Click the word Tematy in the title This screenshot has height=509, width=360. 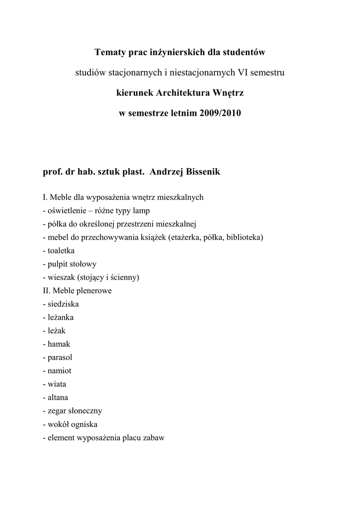(x=110, y=52)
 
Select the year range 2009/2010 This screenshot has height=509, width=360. (x=220, y=113)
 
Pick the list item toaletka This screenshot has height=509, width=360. (x=61, y=251)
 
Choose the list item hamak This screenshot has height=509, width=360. (x=59, y=344)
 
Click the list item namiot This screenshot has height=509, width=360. (x=60, y=371)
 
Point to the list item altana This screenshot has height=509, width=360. (x=58, y=398)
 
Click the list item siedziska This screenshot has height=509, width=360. (x=63, y=304)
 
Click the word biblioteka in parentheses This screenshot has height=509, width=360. (x=246, y=237)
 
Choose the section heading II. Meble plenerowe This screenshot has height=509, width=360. (x=78, y=290)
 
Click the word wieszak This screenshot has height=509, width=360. (x=62, y=277)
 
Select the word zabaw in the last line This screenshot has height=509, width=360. (x=154, y=438)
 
